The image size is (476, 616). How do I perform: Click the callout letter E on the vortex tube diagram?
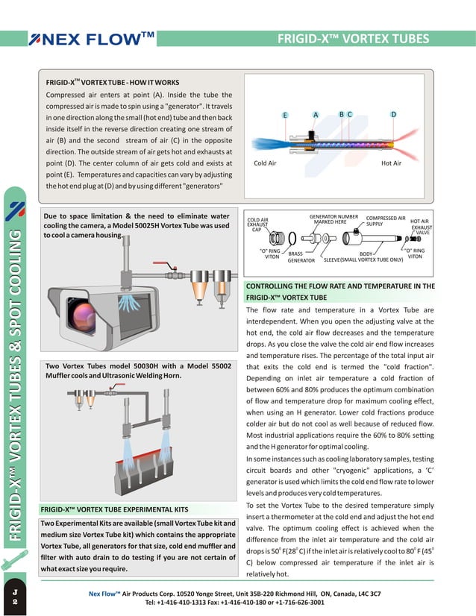285,115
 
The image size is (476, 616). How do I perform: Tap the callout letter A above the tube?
316,114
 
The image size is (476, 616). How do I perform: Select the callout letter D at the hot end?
393,114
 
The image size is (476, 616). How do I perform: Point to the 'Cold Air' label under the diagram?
265,163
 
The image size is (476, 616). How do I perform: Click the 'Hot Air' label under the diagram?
391,163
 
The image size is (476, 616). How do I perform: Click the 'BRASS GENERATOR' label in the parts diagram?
301,257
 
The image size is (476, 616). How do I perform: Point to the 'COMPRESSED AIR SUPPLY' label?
386,221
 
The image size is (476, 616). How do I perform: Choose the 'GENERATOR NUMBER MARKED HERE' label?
333,219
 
